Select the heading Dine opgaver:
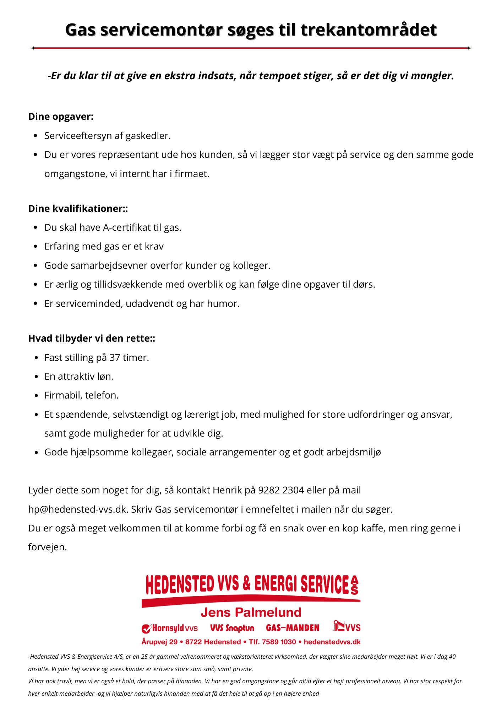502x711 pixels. pos(61,117)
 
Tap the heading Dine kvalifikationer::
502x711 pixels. pos(78,208)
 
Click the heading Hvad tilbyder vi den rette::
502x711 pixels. pos(92,338)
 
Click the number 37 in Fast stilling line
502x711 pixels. pos(114,357)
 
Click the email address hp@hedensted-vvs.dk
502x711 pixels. pos(78,509)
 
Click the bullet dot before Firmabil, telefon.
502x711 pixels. pos(36,396)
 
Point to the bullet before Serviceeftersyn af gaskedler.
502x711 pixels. pos(36,136)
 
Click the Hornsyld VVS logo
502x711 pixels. pos(170,629)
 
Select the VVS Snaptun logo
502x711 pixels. pos(232,628)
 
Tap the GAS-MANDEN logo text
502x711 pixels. pos(293,628)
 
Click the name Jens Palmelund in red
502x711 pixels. pos(251,612)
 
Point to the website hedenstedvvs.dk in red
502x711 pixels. pos(332,642)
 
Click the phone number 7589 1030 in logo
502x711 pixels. pos(279,642)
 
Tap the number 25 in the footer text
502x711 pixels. pos(144,657)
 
